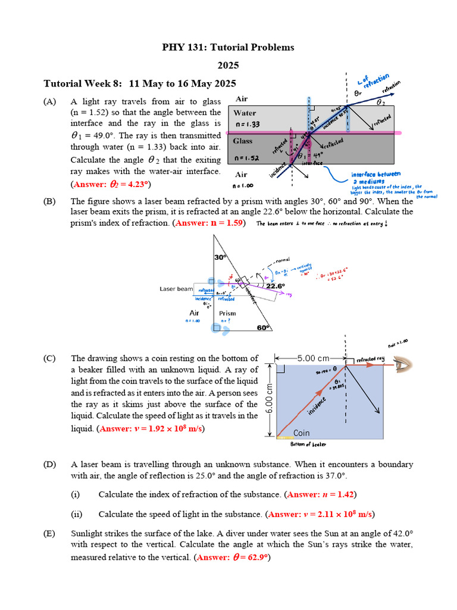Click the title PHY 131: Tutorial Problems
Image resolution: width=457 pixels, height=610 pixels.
[228, 47]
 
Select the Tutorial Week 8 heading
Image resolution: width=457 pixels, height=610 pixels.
[140, 83]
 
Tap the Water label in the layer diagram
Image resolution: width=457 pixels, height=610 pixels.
[245, 113]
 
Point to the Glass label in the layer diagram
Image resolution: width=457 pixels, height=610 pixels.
[243, 141]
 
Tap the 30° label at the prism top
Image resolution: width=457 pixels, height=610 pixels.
[221, 257]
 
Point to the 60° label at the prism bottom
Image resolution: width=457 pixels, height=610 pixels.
[264, 327]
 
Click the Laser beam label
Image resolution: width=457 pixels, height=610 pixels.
[176, 289]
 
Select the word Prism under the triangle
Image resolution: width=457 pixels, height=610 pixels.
[227, 313]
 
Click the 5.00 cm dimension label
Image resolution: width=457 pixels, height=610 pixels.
[314, 359]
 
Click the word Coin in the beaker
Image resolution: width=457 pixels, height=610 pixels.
[302, 433]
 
